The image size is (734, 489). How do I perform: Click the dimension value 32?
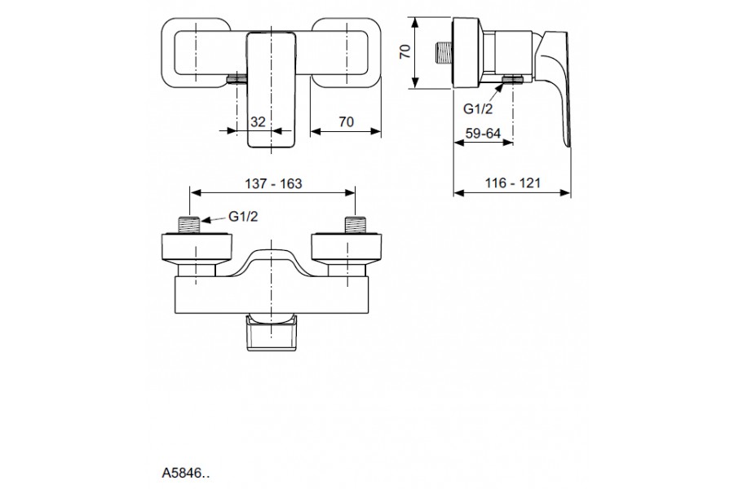(258, 122)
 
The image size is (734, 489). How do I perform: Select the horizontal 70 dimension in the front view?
(346, 122)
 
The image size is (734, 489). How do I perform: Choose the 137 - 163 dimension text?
(272, 183)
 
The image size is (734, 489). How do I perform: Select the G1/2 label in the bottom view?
(244, 216)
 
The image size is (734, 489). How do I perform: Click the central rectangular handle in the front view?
(269, 90)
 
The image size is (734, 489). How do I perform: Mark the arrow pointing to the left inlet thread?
(210, 218)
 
